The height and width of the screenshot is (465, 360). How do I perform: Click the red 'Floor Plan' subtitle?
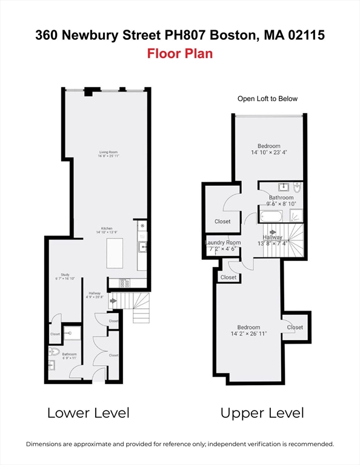pyautogui.click(x=179, y=53)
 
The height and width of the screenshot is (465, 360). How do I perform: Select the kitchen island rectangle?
pyautogui.click(x=115, y=254)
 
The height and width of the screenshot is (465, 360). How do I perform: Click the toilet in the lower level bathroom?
pyautogui.click(x=54, y=351)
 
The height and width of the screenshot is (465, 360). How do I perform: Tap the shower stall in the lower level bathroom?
pyautogui.click(x=72, y=332)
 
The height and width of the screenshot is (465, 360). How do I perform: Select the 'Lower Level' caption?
pyautogui.click(x=88, y=414)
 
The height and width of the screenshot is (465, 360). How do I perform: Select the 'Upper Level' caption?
pyautogui.click(x=262, y=414)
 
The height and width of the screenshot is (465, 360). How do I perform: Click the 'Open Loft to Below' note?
pyautogui.click(x=267, y=99)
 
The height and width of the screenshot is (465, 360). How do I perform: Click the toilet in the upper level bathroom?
pyautogui.click(x=297, y=187)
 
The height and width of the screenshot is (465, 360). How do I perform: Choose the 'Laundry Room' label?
pyautogui.click(x=224, y=242)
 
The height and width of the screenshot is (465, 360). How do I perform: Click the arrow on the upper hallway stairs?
pyautogui.click(x=273, y=232)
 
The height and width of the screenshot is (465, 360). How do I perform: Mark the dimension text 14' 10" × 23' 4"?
pyautogui.click(x=268, y=153)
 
